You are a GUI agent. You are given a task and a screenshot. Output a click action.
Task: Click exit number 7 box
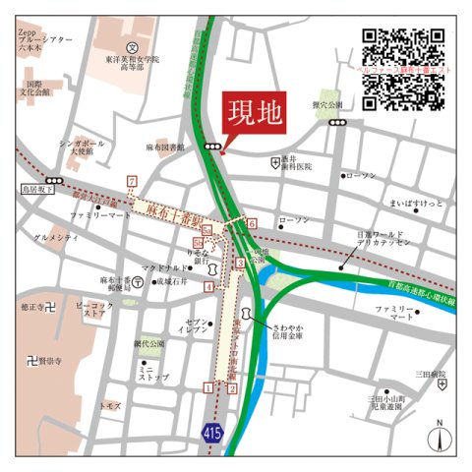pos(131,181)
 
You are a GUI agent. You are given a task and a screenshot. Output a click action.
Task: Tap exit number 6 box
pos(251,225)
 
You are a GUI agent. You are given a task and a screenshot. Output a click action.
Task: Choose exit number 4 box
pos(208,287)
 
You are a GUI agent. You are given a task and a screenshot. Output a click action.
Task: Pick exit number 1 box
pos(206,387)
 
